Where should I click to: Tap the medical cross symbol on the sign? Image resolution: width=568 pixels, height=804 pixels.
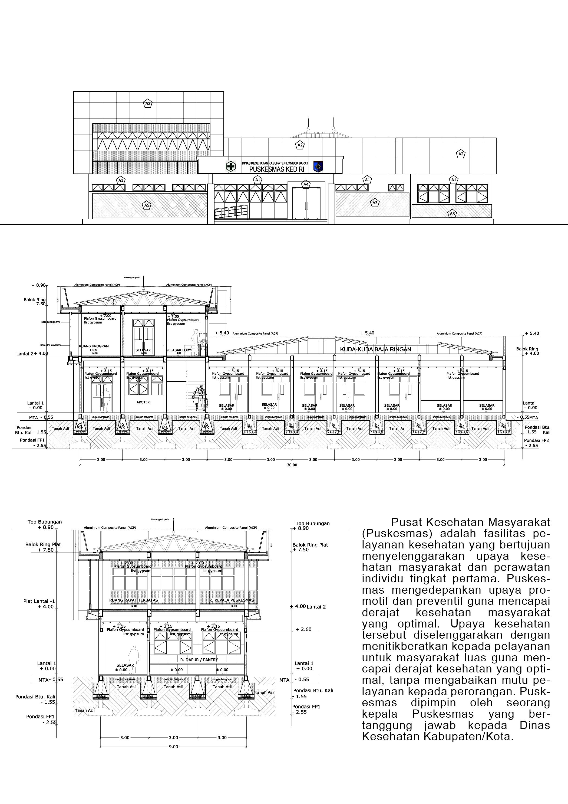click(231, 166)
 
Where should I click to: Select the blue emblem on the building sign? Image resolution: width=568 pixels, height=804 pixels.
click(318, 166)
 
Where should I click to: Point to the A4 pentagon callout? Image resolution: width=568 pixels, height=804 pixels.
click(306, 184)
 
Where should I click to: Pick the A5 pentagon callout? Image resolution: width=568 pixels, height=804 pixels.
click(147, 205)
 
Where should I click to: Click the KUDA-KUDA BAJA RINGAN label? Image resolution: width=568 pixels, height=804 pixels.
click(375, 349)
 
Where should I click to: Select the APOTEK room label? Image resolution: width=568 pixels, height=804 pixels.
click(143, 402)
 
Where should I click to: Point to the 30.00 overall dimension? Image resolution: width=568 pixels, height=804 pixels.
click(292, 465)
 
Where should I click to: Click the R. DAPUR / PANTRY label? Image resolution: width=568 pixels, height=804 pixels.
click(199, 660)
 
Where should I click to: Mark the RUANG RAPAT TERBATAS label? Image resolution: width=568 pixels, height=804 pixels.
click(133, 600)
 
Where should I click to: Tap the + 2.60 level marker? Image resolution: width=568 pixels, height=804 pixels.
click(303, 629)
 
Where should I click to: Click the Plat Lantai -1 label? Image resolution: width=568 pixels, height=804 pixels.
click(39, 601)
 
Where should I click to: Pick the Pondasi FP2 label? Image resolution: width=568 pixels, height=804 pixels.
click(536, 440)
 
